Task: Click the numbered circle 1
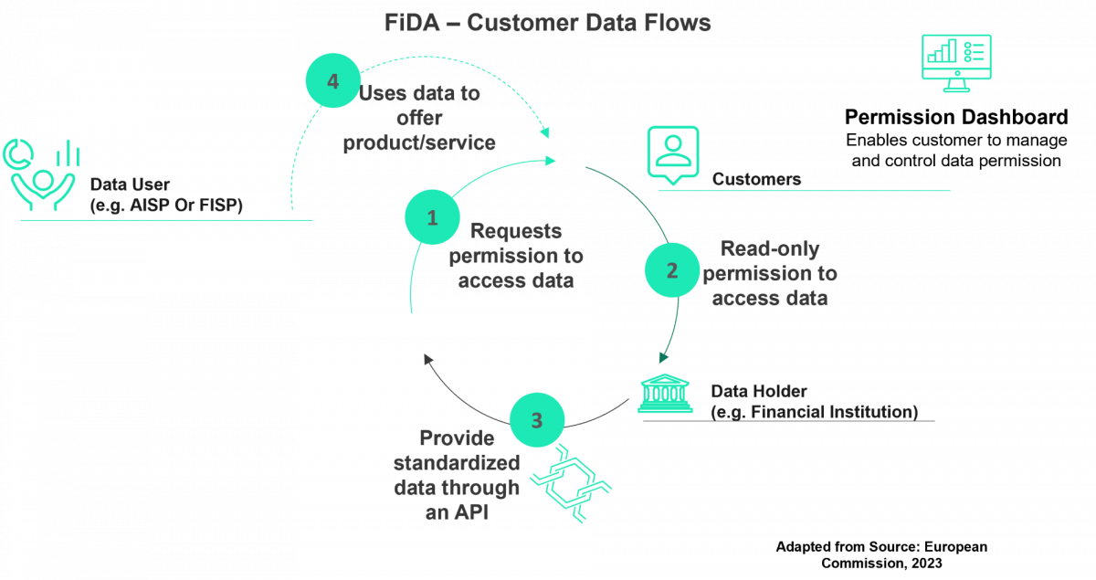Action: coord(433,217)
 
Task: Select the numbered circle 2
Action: coord(672,270)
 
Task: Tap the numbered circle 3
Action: coord(536,421)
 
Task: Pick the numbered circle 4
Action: coord(332,81)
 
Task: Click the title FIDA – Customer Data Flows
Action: coord(548,23)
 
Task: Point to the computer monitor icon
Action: coord(956,62)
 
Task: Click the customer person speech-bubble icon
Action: coord(673,153)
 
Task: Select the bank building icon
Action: coord(665,393)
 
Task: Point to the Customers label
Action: coord(756,179)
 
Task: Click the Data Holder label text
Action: coord(759,391)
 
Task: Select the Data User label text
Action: coord(130,185)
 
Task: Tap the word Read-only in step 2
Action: coord(769,248)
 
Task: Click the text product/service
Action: coord(419,142)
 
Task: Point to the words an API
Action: coord(457,513)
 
